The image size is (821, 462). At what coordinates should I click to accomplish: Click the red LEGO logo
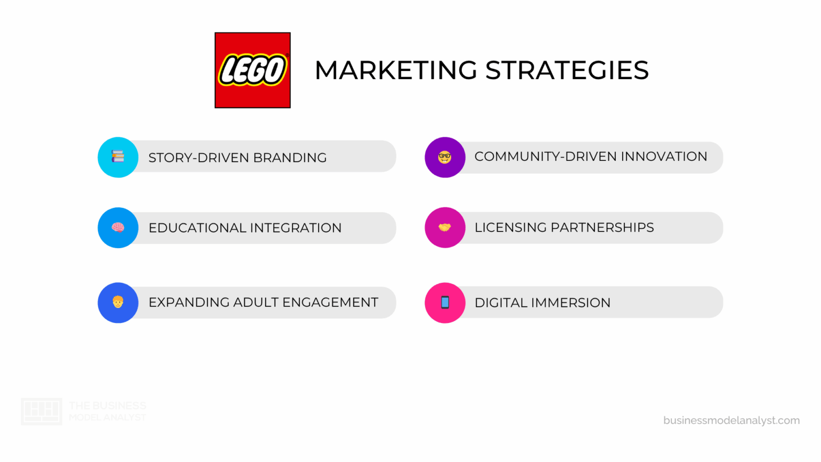coord(252,70)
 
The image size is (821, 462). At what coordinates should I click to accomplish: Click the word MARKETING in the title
coord(396,71)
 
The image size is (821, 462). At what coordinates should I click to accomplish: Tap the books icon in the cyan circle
coord(118,157)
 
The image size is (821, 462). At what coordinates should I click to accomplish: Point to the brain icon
coord(118,227)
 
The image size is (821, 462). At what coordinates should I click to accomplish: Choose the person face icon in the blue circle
coord(118,302)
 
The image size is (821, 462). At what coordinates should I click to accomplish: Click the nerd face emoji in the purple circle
coord(445,157)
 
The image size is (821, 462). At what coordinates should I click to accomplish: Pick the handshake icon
coord(445,227)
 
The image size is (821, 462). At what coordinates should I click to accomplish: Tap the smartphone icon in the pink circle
coord(445,303)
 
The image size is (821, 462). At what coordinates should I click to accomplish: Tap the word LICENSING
coord(510,227)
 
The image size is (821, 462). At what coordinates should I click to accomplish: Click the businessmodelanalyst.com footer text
coord(731,420)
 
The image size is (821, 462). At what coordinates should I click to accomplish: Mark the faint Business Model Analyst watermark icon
coord(41,411)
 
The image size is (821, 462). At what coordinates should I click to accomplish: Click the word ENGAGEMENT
coord(330,303)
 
